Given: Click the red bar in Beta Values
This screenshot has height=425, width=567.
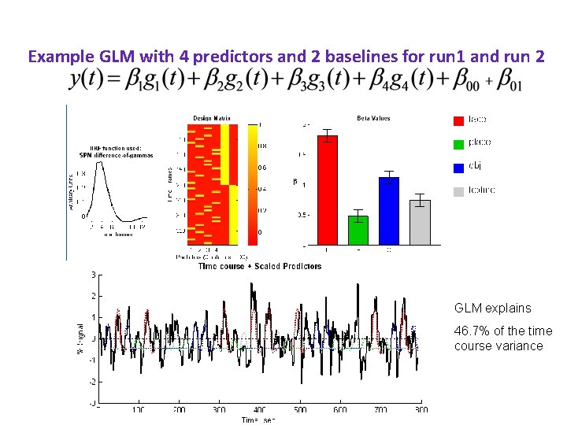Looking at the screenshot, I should pyautogui.click(x=327, y=189).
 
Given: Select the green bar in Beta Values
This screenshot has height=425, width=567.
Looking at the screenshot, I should pyautogui.click(x=358, y=230).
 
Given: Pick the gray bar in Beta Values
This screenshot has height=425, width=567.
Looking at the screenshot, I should pyautogui.click(x=421, y=222).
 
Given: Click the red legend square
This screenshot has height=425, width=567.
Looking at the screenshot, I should pyautogui.click(x=458, y=120).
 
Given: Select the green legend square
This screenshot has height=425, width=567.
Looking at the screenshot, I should pyautogui.click(x=458, y=144).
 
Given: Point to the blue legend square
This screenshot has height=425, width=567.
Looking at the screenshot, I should pyautogui.click(x=458, y=167).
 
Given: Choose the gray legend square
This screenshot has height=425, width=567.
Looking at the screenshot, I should pyautogui.click(x=458, y=191).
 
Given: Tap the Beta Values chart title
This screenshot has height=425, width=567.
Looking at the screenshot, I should pyautogui.click(x=373, y=118).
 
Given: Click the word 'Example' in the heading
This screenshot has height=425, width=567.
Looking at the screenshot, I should pyautogui.click(x=56, y=57).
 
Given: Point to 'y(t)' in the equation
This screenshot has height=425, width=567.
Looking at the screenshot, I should pyautogui.click(x=88, y=80).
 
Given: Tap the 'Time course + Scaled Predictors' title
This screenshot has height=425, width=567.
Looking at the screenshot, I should pyautogui.click(x=260, y=267).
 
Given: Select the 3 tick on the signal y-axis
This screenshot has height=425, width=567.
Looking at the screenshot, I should pyautogui.click(x=94, y=275).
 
